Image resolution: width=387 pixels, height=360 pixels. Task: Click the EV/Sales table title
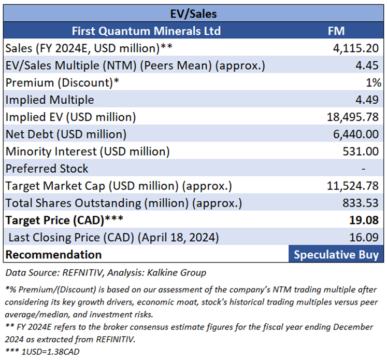tap(194, 13)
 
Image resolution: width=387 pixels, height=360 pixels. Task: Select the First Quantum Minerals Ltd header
tap(146, 31)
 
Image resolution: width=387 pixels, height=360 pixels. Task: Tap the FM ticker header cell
tap(336, 31)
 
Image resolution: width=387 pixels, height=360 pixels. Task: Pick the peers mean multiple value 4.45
tap(371, 65)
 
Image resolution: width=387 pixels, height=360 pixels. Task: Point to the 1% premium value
tap(374, 82)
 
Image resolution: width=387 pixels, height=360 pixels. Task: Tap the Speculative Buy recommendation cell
tap(336, 255)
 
